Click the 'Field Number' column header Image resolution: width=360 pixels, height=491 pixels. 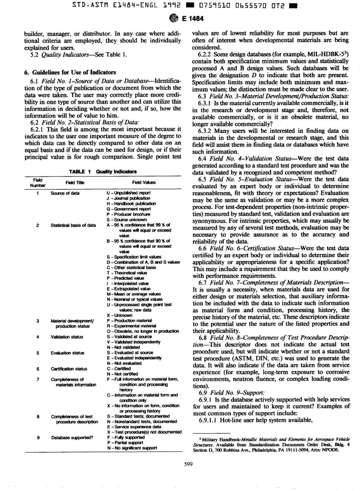tap(38, 183)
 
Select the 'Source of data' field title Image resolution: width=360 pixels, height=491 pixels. tap(65, 193)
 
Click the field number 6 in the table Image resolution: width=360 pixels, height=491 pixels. tap(38, 369)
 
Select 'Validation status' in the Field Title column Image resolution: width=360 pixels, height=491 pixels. tap(67, 337)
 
